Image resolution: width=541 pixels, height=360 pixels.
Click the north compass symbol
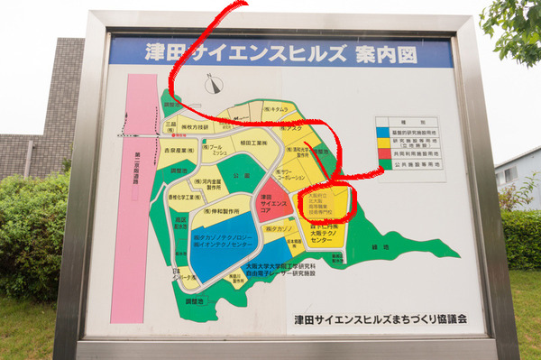[x=214, y=86]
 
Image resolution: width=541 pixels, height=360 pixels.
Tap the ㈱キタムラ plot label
[x=278, y=109]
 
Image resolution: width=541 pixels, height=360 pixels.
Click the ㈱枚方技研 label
[x=196, y=127]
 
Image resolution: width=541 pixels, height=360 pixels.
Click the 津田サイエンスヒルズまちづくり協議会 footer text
[x=378, y=319]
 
